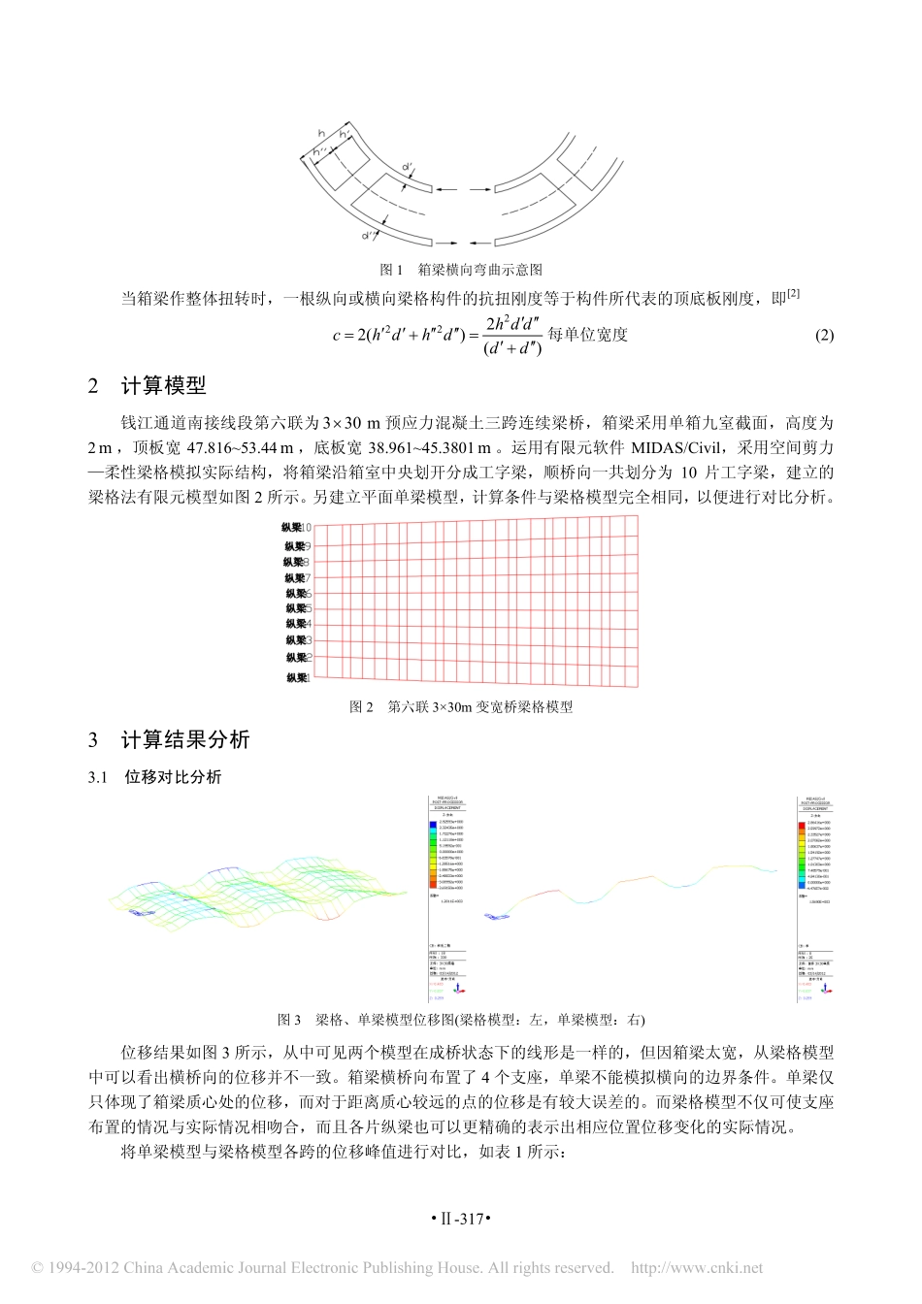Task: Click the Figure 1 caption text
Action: [x=460, y=270]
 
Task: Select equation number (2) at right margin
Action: [x=824, y=336]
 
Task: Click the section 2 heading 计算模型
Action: [x=163, y=386]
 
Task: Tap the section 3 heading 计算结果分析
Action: [x=184, y=740]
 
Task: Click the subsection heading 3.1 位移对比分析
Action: [x=173, y=777]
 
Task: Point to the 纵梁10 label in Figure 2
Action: [x=297, y=528]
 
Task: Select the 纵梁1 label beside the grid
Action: [x=298, y=677]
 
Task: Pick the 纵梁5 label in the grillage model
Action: [x=298, y=608]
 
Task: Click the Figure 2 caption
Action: [x=460, y=707]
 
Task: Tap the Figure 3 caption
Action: [x=460, y=1020]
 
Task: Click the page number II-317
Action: [x=461, y=1219]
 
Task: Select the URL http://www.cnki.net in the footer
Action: [x=697, y=1268]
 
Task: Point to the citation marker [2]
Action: [x=793, y=294]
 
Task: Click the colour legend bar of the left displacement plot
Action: [x=433, y=855]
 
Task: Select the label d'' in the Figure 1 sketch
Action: [x=368, y=236]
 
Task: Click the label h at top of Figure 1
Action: [x=321, y=133]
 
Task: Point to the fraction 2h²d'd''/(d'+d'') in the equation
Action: [x=512, y=336]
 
